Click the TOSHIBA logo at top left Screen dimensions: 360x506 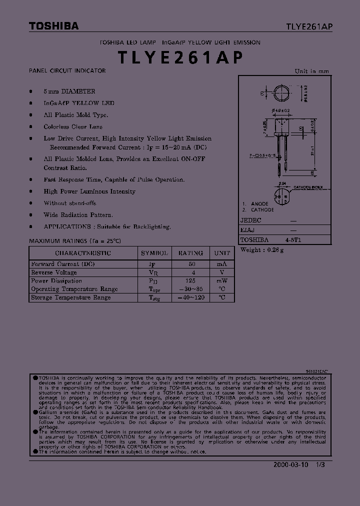[53, 26]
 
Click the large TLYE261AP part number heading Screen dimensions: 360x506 [180, 57]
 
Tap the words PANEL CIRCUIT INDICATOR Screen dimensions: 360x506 [67, 71]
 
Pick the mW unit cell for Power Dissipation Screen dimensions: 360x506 [221, 281]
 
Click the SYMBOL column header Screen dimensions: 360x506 [154, 253]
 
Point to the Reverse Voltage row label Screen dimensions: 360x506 [54, 272]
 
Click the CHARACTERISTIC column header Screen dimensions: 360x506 [83, 253]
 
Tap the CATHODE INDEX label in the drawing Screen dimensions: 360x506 [308, 187]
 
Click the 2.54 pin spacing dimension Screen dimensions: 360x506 [282, 184]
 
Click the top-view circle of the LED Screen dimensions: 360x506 [282, 93]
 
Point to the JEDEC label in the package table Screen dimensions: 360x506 [251, 220]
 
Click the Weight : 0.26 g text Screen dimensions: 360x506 [262, 250]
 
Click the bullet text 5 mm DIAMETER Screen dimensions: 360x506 [69, 91]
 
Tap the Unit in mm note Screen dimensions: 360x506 [311, 71]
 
